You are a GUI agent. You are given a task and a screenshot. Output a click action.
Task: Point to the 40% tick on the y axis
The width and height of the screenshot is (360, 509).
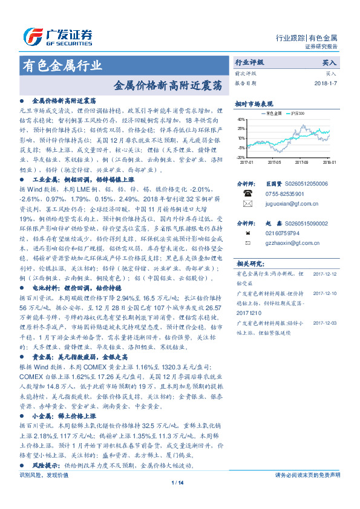point(241,120)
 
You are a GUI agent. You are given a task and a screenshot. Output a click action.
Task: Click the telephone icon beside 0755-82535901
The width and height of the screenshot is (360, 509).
point(247,193)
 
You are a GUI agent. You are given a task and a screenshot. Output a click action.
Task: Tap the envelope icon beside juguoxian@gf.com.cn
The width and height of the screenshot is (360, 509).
point(247,205)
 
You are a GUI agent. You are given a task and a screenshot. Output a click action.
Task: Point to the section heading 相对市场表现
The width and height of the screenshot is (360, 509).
point(254,103)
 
